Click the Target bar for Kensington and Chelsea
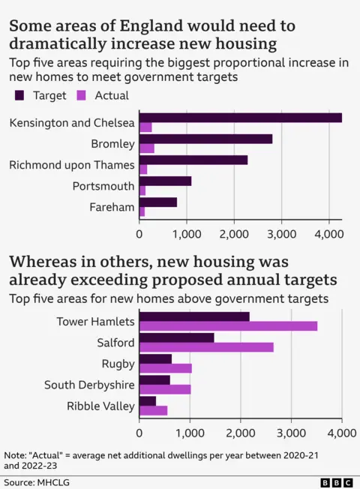coord(240,118)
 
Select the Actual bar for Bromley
coord(147,148)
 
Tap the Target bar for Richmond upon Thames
coord(193,160)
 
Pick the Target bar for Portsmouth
coord(165,181)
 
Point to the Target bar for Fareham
coord(158,202)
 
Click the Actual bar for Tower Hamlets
coord(228,326)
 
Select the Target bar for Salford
coord(176,337)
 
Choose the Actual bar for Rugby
coord(166,368)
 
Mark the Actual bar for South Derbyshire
coord(165,389)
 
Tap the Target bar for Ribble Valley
coord(148,400)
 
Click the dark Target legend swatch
coord(19,95)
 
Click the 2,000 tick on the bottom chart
coord(241,433)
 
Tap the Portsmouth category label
coord(103,186)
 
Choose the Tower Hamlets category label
coord(95,321)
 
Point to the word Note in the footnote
coord(15,454)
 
